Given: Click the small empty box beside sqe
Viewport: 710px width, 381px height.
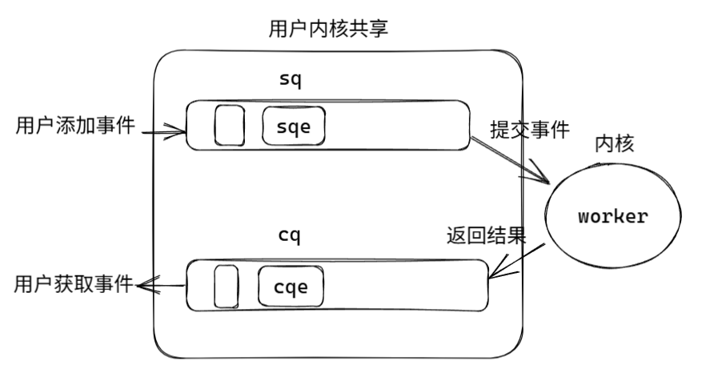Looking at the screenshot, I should (x=230, y=126).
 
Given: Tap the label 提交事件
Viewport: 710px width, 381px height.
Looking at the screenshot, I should (x=530, y=128).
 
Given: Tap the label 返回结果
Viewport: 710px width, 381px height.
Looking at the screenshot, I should (x=486, y=237).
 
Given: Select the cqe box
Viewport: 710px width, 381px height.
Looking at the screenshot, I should (x=291, y=286).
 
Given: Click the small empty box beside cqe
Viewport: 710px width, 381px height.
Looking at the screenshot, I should (x=227, y=286).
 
